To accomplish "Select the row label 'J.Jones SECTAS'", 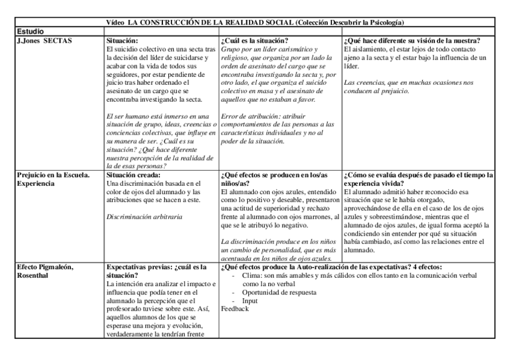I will pos(45,38).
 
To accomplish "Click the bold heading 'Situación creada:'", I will pos(132,175).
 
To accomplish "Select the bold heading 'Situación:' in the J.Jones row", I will pos(121,39).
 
